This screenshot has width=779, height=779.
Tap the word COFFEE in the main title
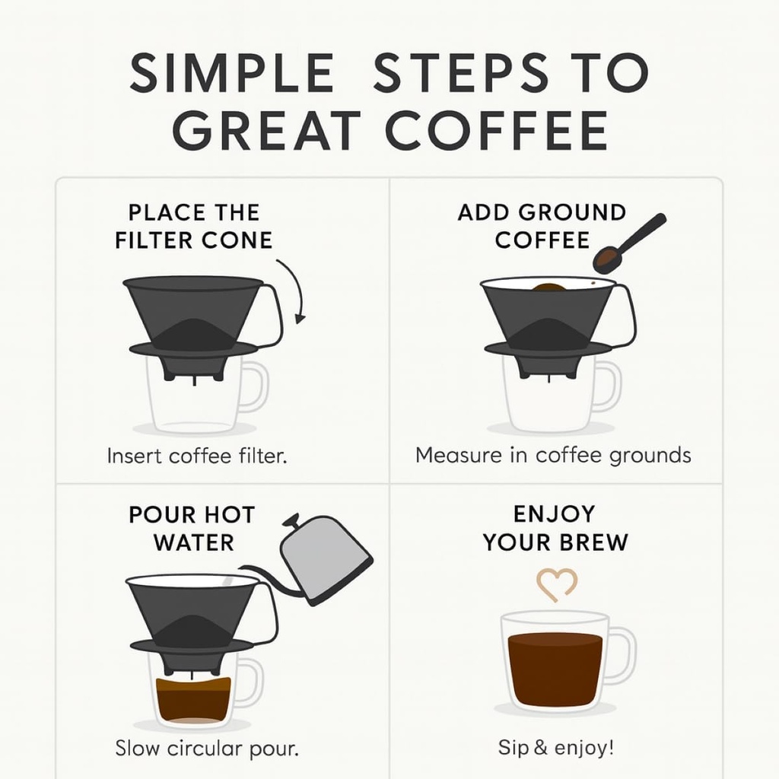coord(498,131)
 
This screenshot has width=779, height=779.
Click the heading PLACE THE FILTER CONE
coord(194,226)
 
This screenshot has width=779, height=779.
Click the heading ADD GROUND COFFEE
coord(542,226)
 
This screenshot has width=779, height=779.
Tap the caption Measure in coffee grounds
coord(553,456)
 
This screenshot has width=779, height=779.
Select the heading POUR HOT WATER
coord(192,529)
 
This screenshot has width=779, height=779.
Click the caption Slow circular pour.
coord(207,748)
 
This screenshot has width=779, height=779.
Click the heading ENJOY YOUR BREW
coord(556,528)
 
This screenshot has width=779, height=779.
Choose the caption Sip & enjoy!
coord(555,748)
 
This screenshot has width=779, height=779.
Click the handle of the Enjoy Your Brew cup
coord(622,656)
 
